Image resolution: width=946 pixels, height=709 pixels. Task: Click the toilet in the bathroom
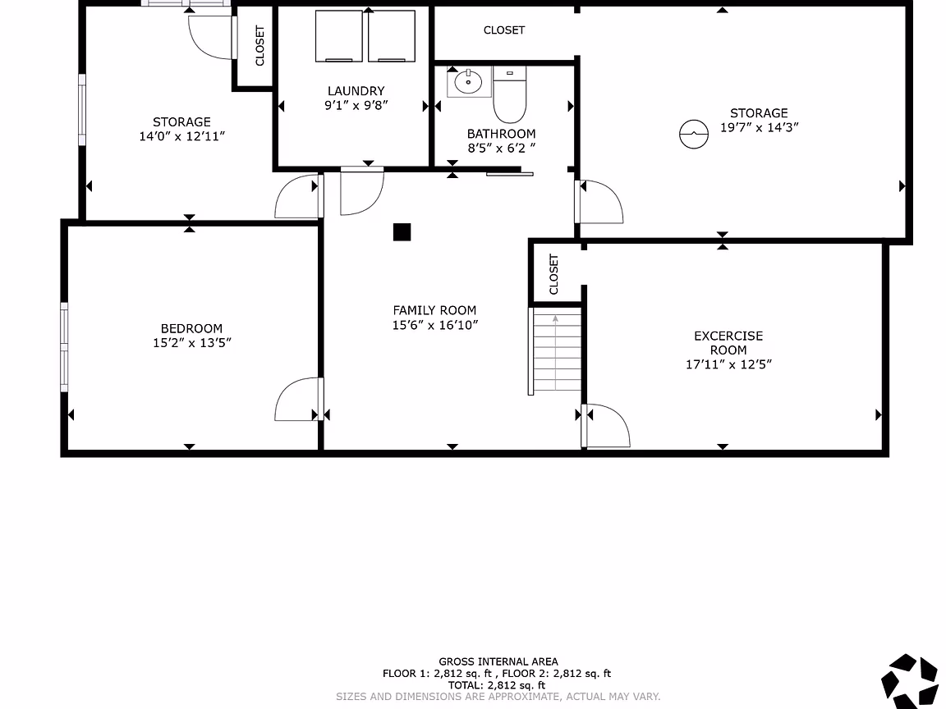click(510, 94)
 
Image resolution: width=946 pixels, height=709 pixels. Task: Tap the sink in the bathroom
click(469, 82)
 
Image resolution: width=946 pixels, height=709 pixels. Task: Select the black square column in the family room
click(402, 232)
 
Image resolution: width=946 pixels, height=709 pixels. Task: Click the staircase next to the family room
click(555, 351)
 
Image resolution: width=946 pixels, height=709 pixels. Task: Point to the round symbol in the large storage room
click(694, 134)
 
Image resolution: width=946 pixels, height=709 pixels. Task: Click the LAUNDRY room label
click(356, 91)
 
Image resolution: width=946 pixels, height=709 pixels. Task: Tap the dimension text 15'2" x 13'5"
click(192, 342)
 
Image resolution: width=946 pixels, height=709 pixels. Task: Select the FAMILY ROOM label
click(434, 310)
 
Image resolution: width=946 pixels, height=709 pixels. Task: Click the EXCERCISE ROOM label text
click(728, 343)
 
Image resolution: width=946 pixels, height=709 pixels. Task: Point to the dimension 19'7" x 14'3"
click(759, 127)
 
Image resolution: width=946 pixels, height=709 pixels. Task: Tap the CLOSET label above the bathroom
click(503, 30)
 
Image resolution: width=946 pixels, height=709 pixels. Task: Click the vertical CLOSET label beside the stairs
click(553, 274)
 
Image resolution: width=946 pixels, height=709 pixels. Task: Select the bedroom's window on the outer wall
click(64, 347)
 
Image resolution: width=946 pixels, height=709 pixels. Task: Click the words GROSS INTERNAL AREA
click(498, 661)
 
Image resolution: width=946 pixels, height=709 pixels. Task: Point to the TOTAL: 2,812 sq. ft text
click(497, 685)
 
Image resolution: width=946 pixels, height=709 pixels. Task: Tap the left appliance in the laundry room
click(338, 36)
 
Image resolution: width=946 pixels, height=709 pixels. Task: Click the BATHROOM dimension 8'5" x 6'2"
click(501, 148)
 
